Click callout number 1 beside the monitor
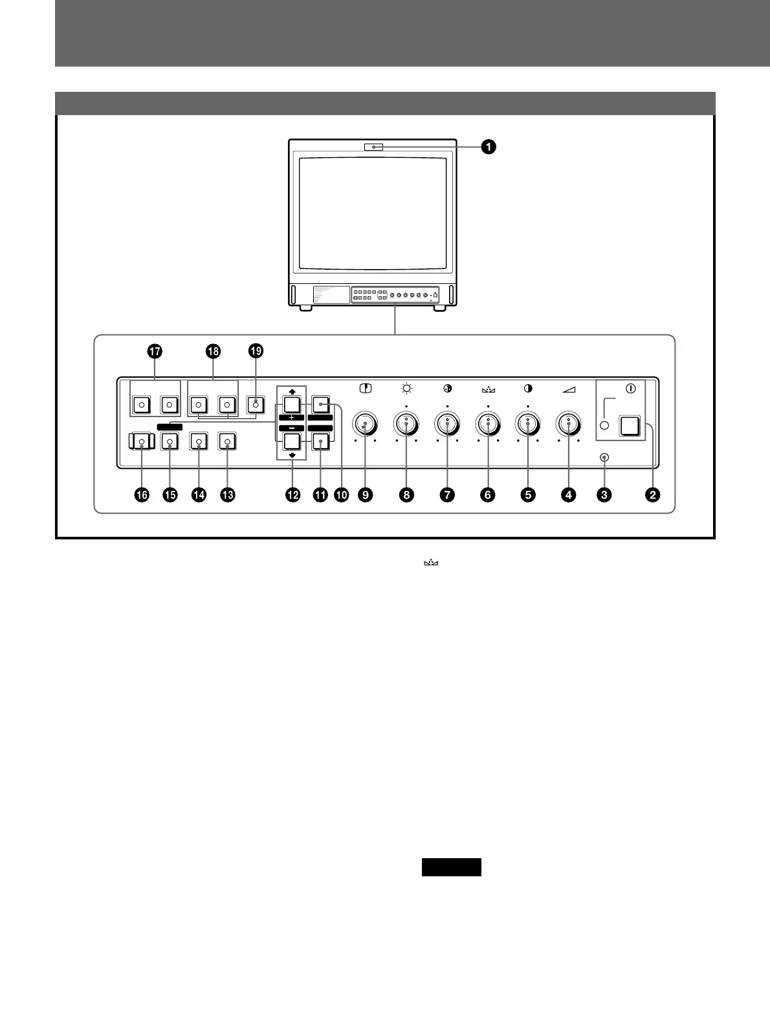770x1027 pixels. [489, 147]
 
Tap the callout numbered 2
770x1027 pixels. [652, 495]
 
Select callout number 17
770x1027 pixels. [154, 351]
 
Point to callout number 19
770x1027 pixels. [256, 351]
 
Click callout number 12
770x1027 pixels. [293, 495]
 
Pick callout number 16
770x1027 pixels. [141, 495]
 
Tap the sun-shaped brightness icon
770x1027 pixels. [406, 389]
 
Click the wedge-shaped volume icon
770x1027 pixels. [569, 389]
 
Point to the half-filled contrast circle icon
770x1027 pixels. [528, 389]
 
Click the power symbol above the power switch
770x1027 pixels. [631, 389]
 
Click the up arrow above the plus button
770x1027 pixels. [291, 392]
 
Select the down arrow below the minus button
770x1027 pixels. [291, 455]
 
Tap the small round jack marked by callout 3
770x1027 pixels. [604, 458]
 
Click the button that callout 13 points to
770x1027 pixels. [227, 442]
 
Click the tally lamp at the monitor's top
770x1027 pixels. [373, 147]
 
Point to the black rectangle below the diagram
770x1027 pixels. [451, 867]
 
